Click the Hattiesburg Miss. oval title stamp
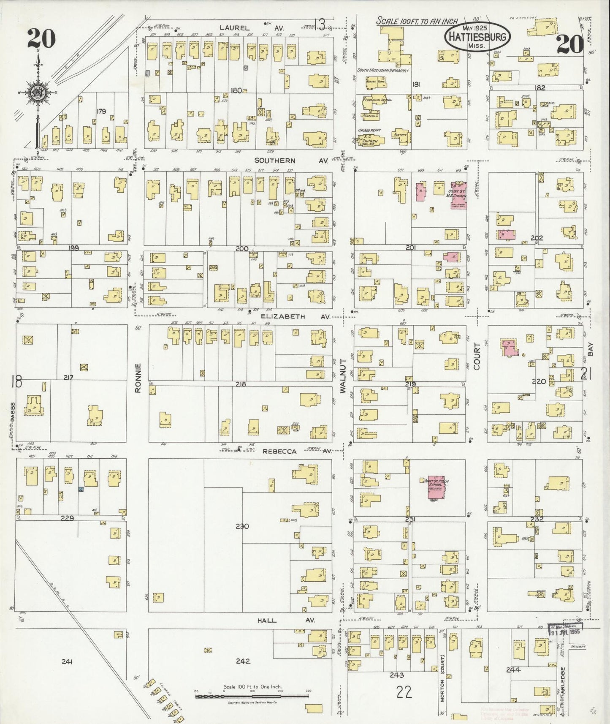[x=477, y=37]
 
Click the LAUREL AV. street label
[x=251, y=28]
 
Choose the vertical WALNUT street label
[x=343, y=376]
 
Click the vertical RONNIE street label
[x=138, y=378]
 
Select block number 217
[x=68, y=377]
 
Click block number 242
[x=243, y=661]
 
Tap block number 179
[x=101, y=112]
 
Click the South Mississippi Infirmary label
[x=383, y=71]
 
